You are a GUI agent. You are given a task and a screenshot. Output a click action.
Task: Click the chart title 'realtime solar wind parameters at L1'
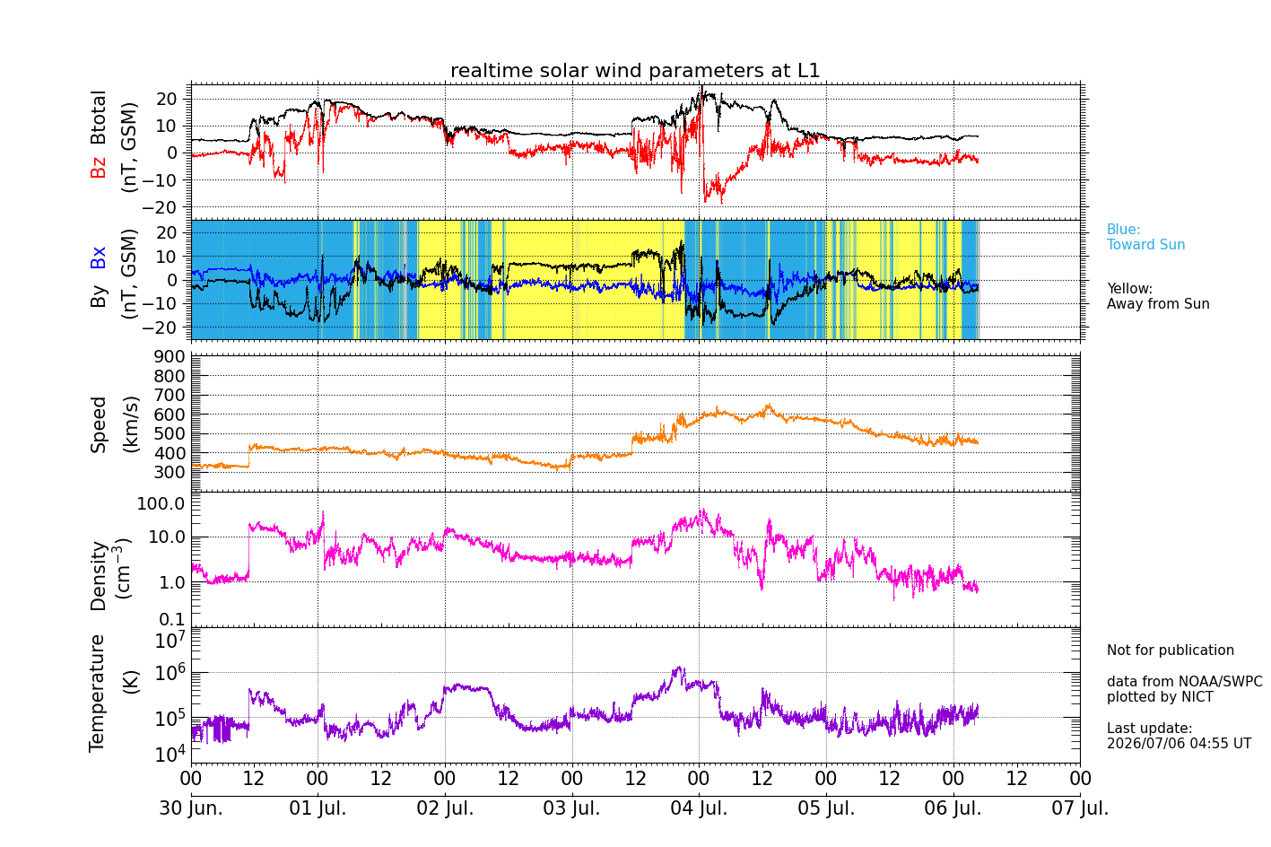(x=635, y=70)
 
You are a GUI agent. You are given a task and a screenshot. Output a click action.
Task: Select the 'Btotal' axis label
(x=98, y=118)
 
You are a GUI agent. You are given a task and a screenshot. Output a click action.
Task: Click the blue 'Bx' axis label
(x=98, y=258)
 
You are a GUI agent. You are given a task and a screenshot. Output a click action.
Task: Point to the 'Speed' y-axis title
(x=98, y=424)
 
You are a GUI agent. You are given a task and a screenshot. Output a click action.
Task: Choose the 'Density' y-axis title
(x=98, y=575)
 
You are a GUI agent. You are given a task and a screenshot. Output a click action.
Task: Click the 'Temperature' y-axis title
(x=97, y=694)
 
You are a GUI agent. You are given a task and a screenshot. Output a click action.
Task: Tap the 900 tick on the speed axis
(x=170, y=356)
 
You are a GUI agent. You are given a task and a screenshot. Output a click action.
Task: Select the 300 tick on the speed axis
(x=170, y=472)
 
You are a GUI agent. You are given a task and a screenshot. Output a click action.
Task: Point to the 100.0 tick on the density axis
(x=161, y=503)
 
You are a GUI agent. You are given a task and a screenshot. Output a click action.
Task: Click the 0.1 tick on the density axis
(x=172, y=618)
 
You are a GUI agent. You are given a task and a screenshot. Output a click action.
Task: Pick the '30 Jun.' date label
(x=191, y=808)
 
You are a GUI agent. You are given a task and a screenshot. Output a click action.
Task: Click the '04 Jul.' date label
(x=699, y=808)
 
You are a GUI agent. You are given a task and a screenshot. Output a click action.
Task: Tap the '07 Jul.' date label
(x=1080, y=808)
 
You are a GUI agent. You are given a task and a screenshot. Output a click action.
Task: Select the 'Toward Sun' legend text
(x=1145, y=245)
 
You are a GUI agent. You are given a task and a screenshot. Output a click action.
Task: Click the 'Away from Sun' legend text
(x=1158, y=303)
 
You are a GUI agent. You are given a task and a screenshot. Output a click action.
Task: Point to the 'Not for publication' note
(x=1170, y=650)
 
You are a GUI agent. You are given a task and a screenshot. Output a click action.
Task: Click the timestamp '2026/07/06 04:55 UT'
(x=1180, y=743)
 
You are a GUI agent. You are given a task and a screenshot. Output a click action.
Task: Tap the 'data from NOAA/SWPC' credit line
(x=1185, y=681)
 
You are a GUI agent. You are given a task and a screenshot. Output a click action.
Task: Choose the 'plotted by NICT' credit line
(x=1160, y=696)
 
